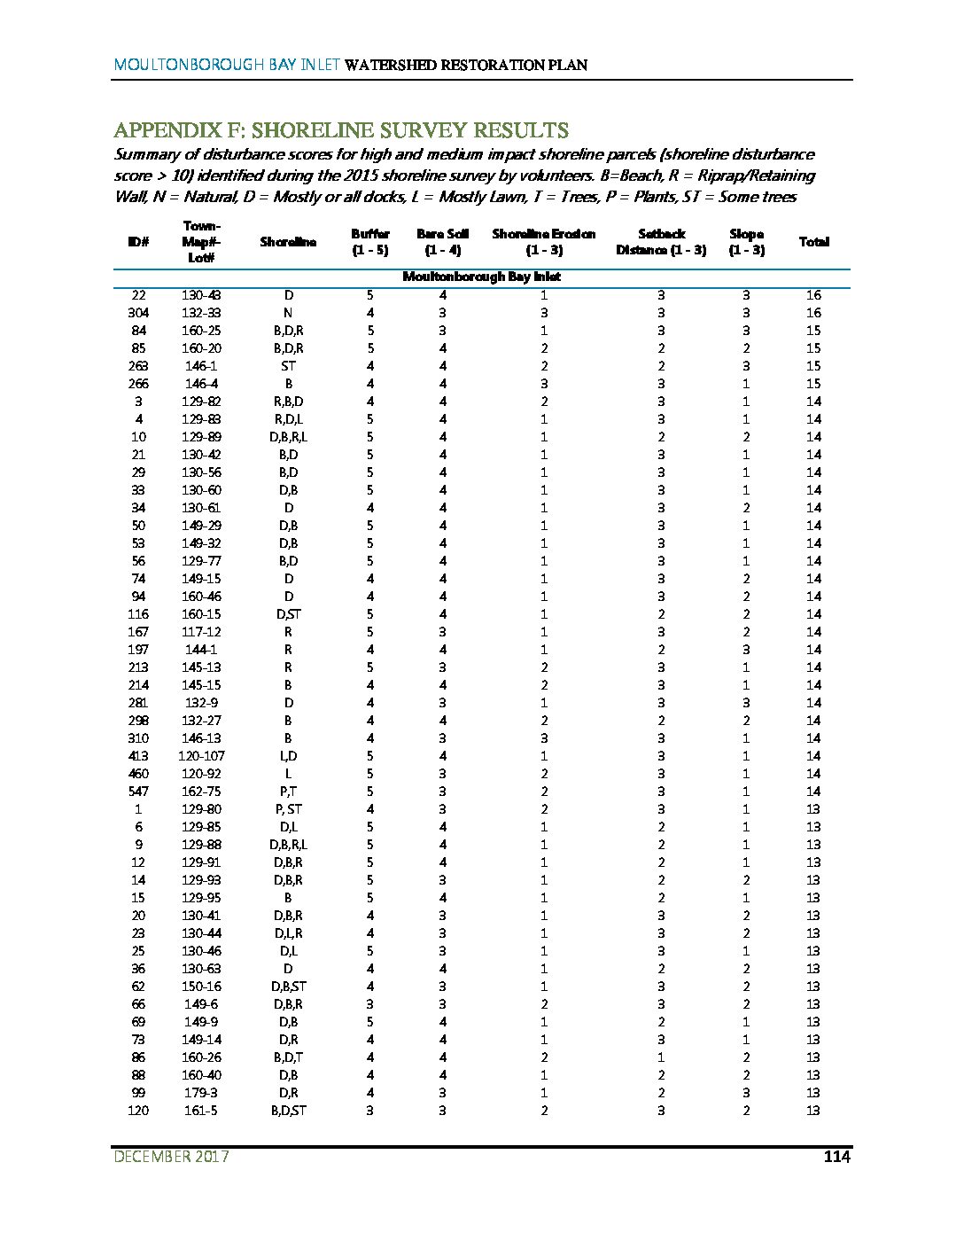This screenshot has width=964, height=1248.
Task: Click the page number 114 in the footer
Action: point(836,1157)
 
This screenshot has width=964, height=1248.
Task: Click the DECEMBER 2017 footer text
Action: point(171,1157)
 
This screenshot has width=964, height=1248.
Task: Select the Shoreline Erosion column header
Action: point(543,242)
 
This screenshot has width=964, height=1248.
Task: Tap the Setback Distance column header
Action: point(661,242)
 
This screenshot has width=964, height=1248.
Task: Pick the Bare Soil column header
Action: point(442,242)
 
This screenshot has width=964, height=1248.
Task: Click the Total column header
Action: point(813,242)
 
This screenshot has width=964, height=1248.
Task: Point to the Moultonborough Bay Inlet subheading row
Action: point(481,277)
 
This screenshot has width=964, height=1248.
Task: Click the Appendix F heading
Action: point(341,130)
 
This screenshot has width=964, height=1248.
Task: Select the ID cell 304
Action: point(138,313)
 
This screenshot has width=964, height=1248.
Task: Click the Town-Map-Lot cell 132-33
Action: point(201,313)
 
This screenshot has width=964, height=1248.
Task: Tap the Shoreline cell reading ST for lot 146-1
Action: point(288,366)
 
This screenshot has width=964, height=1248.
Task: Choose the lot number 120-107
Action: point(201,756)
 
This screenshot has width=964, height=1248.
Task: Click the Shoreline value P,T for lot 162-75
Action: point(288,792)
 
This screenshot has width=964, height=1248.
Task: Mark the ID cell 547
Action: point(138,792)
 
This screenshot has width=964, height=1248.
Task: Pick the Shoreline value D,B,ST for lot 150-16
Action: point(288,987)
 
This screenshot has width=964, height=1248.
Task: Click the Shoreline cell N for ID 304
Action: point(288,313)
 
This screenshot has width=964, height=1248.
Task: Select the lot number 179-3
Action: point(201,1093)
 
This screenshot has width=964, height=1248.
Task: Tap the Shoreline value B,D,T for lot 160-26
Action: point(288,1057)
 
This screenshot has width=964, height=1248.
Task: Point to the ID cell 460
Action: point(138,774)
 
